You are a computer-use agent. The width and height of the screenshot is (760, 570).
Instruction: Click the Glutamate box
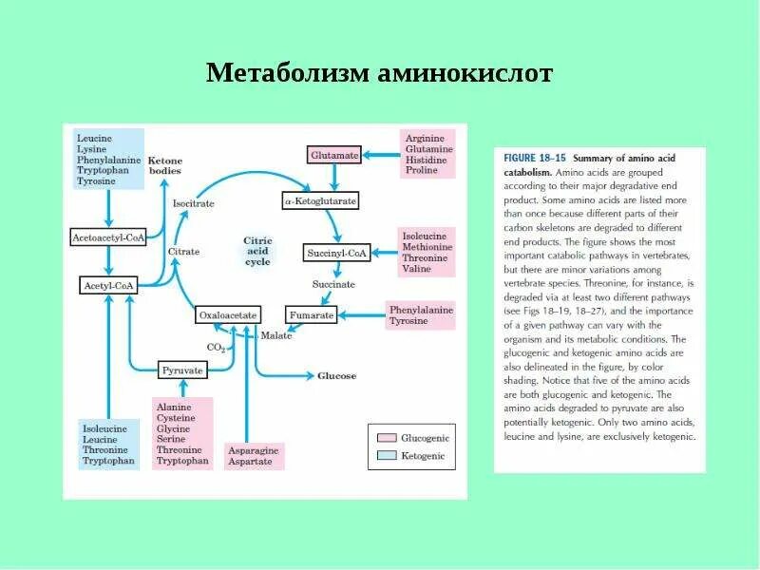tap(334, 154)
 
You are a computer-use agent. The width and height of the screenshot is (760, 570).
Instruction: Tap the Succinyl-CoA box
tap(336, 253)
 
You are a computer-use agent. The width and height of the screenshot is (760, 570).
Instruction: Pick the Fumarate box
tap(312, 314)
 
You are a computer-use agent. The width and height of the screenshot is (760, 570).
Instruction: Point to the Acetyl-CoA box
tap(107, 285)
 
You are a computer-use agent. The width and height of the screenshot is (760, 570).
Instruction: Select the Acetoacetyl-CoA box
tap(108, 237)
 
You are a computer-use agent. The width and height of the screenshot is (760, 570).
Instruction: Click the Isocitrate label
tap(193, 203)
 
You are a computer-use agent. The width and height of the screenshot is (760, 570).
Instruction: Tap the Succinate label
tap(333, 284)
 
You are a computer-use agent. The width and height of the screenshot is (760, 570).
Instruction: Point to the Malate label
tap(276, 335)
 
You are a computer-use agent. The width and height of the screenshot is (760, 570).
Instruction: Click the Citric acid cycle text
tap(257, 251)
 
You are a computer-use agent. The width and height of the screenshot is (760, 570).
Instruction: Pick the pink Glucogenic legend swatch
tap(386, 438)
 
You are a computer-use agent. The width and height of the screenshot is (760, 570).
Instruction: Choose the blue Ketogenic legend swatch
tap(386, 456)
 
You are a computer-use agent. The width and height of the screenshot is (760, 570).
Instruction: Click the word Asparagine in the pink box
tap(250, 449)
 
